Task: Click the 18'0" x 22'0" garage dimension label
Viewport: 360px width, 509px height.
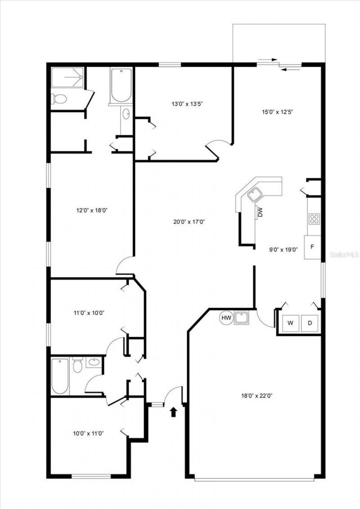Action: click(257, 396)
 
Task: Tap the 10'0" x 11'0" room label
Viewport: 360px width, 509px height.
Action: click(88, 433)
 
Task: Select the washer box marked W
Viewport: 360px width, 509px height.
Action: click(290, 323)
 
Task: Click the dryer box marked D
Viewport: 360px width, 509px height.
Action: click(310, 323)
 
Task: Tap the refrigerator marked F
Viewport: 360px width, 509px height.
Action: click(312, 247)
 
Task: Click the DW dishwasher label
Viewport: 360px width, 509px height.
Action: click(260, 212)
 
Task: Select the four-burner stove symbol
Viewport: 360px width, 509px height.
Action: click(314, 219)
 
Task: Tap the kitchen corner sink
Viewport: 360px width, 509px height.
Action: click(255, 195)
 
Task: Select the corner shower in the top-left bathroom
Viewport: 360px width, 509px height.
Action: click(67, 77)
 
